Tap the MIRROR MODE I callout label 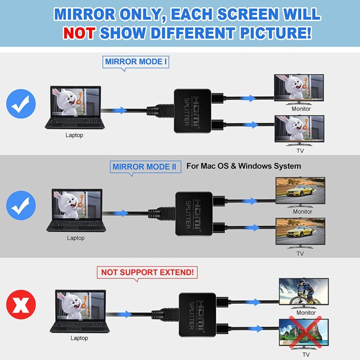point(136,61)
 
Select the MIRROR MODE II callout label point(146,166)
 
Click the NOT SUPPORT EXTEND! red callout point(147,272)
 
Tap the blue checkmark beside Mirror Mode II point(21,206)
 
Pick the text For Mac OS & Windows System point(243,166)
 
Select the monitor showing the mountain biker point(303,292)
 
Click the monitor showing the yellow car point(300,190)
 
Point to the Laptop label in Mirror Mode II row point(75,238)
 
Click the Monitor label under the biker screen point(306,313)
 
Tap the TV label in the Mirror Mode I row point(300,151)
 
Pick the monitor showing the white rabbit point(299,89)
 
